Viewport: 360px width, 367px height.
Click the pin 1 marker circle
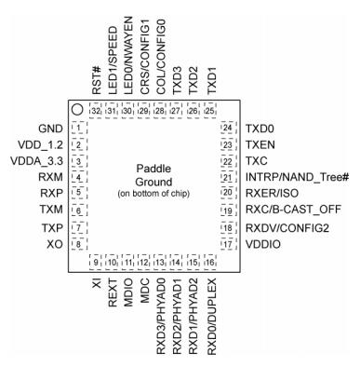coord(76,109)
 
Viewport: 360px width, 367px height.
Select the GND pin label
coord(50,129)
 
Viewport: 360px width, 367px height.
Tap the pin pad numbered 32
coord(96,111)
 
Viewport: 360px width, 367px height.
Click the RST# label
coord(97,82)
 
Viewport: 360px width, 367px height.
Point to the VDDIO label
coord(263,244)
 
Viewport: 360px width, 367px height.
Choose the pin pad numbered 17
coord(228,244)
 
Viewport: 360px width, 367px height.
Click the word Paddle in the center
coord(153,169)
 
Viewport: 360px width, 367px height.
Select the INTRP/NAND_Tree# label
coord(297,178)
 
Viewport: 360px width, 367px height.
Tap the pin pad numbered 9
coord(96,263)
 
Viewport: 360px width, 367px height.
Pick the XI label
coord(97,283)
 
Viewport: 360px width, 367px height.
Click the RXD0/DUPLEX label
coord(211,317)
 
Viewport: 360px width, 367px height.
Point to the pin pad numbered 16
coord(210,263)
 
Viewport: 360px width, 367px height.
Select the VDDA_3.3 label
coord(36,161)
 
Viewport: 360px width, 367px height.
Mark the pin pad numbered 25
coord(210,111)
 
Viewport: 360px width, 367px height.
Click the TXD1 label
coord(211,81)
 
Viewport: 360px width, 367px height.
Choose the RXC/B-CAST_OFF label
coord(293,210)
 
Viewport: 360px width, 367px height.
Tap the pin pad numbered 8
coord(79,244)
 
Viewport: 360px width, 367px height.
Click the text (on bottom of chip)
coord(153,194)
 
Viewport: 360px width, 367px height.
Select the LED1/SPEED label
coord(113,61)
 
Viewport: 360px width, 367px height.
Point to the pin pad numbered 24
coord(228,128)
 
